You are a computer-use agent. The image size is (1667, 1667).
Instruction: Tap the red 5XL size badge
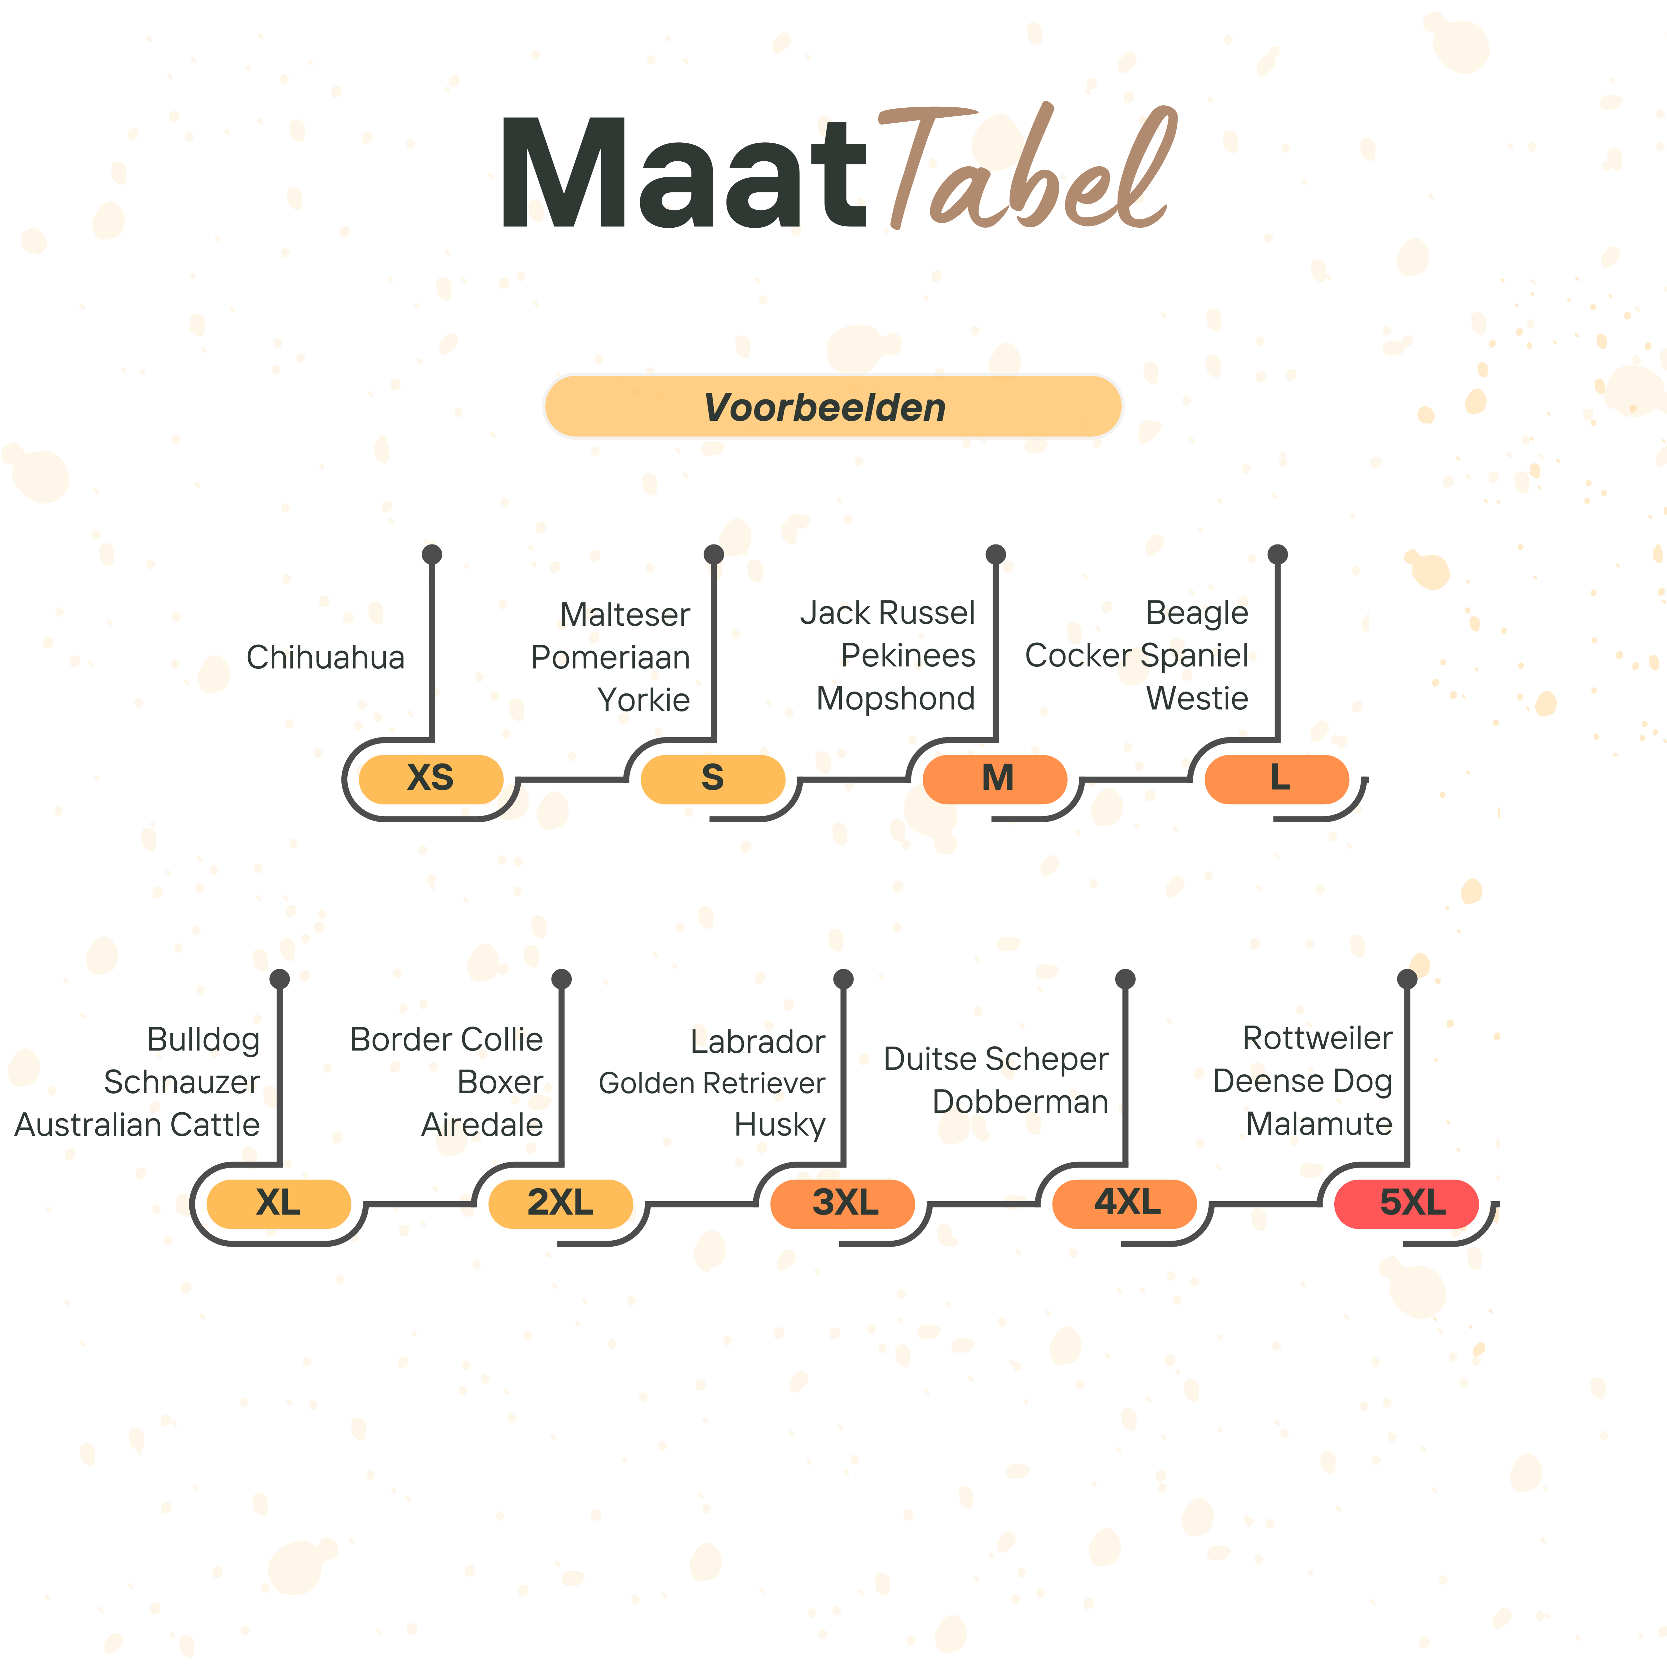click(x=1406, y=1203)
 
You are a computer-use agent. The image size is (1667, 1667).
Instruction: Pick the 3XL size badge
click(x=843, y=1203)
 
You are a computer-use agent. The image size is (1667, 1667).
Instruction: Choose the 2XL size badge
click(x=561, y=1203)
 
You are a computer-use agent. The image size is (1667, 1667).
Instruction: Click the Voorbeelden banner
click(x=832, y=406)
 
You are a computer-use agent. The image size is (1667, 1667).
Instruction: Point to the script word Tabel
click(x=1027, y=168)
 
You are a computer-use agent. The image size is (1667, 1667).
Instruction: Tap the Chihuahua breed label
click(x=325, y=657)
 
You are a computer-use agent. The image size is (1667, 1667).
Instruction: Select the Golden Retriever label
click(x=712, y=1083)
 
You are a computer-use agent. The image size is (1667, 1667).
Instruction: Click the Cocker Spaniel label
click(x=1136, y=656)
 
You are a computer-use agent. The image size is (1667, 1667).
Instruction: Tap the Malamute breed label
click(x=1319, y=1124)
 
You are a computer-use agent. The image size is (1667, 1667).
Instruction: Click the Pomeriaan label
click(x=610, y=657)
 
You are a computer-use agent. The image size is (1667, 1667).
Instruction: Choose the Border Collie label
click(x=446, y=1040)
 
